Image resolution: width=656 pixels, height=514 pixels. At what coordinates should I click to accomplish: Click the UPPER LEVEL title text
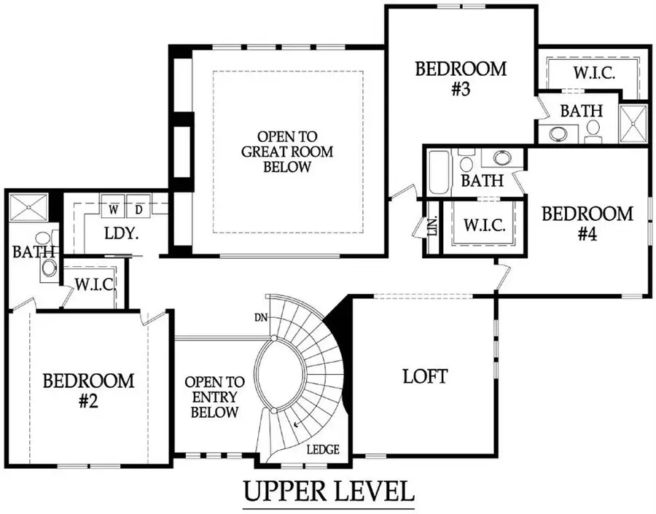[x=328, y=492]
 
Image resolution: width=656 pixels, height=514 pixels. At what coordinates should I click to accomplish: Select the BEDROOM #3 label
[x=460, y=79]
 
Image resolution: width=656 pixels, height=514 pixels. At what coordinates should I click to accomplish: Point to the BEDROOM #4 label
[x=587, y=225]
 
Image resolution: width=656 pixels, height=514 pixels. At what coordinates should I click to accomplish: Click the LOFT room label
[x=425, y=377]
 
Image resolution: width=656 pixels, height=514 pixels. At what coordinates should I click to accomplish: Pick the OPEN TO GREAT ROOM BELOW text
[x=286, y=152]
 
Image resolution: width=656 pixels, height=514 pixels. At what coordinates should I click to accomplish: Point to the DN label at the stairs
[x=260, y=318]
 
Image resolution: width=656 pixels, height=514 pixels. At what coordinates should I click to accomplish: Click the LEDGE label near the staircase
[x=322, y=450]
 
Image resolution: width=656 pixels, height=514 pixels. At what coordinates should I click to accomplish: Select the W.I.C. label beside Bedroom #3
[x=595, y=74]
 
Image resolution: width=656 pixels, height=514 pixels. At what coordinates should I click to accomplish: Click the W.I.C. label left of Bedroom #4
[x=485, y=225]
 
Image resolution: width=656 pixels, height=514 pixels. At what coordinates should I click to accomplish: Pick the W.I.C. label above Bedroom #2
[x=95, y=284]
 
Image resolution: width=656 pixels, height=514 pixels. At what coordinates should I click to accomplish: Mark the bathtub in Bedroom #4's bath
[x=440, y=172]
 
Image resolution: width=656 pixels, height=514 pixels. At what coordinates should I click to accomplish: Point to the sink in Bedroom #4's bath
[x=501, y=158]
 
